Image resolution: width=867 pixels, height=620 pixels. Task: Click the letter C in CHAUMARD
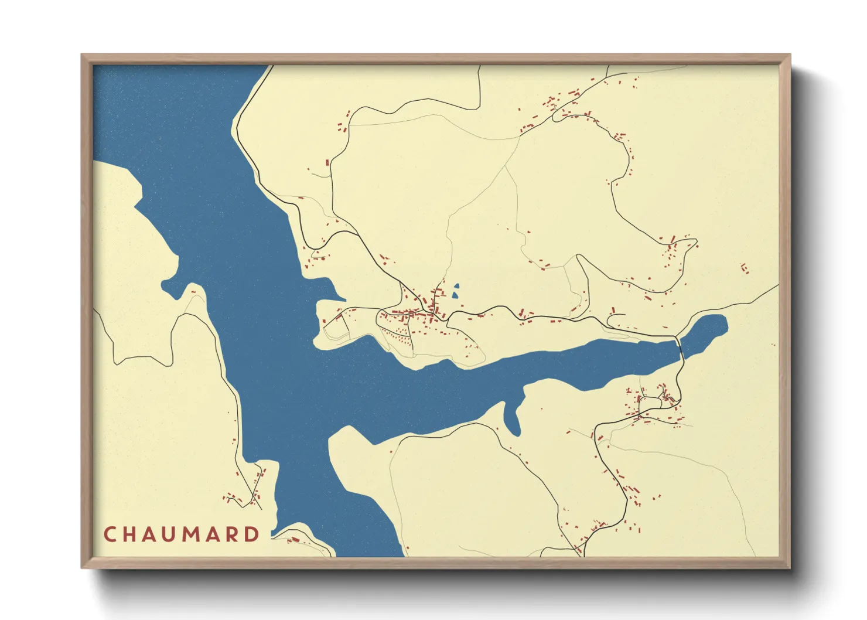click(110, 534)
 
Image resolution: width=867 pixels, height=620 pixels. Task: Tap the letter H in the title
click(130, 534)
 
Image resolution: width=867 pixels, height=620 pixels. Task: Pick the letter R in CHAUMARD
click(233, 534)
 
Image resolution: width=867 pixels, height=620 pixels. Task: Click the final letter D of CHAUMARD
click(252, 534)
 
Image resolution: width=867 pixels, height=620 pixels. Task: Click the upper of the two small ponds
click(456, 287)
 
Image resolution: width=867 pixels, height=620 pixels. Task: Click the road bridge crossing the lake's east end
click(680, 347)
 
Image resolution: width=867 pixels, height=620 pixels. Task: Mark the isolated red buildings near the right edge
click(745, 268)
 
